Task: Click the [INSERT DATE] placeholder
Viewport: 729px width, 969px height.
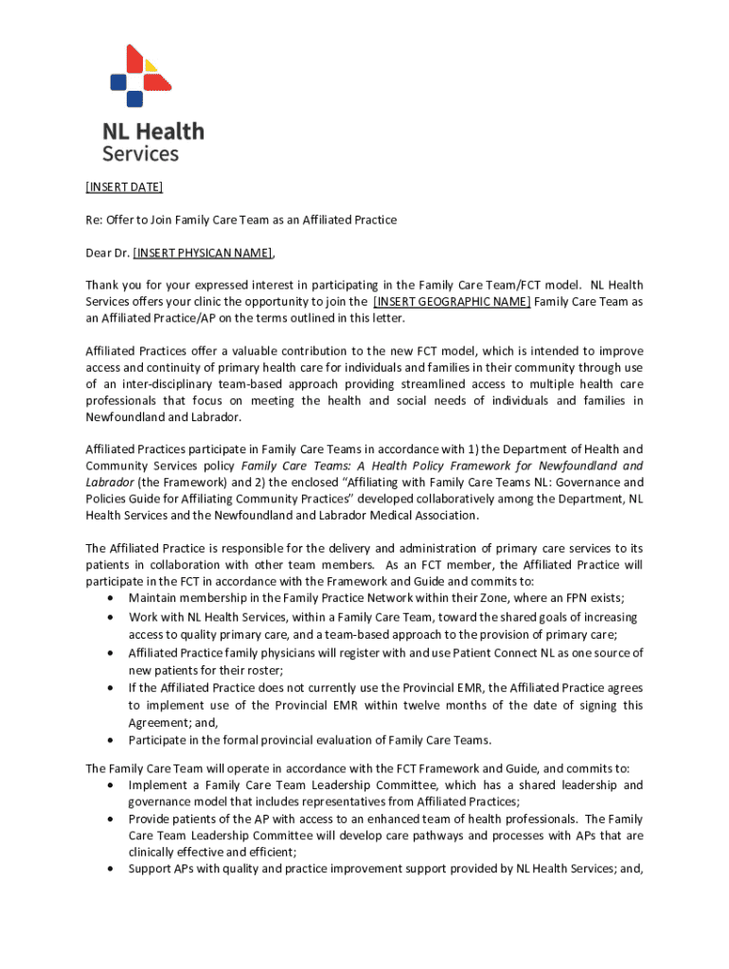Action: point(124,186)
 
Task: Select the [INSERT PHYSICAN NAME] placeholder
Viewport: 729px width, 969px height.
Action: point(203,253)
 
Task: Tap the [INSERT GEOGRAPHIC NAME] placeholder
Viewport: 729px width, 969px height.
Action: point(452,302)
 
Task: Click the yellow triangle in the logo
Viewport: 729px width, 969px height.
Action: point(151,66)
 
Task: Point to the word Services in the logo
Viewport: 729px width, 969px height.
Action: point(140,152)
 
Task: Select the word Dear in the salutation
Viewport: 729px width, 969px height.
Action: point(99,253)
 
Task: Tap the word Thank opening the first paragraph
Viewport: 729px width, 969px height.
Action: point(104,285)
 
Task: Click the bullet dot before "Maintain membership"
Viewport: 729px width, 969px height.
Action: point(114,598)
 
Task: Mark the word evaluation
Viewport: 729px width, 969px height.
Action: point(346,740)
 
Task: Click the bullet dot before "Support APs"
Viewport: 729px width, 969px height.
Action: point(114,869)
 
